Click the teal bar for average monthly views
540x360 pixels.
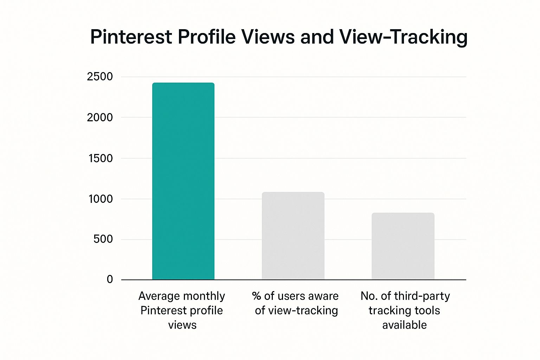[183, 181]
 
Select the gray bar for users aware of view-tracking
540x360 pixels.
[293, 236]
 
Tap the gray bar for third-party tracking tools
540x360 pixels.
[403, 246]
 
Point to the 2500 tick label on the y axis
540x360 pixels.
[100, 77]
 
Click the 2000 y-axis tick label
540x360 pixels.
[100, 117]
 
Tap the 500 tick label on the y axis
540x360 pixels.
[103, 239]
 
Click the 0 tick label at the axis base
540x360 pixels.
[110, 279]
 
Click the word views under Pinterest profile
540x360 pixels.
[182, 325]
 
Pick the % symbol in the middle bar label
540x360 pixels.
[256, 296]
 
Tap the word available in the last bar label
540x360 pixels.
[404, 325]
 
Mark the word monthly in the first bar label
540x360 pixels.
[205, 296]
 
